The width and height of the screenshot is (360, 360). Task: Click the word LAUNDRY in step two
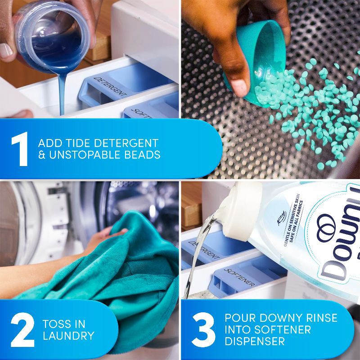point(69,336)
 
